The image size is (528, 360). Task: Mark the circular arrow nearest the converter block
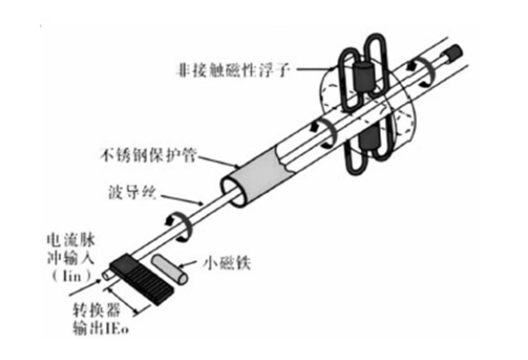[x=176, y=224]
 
